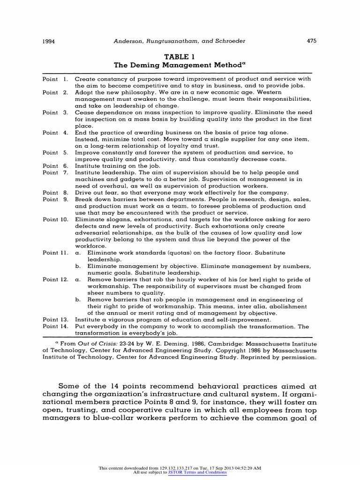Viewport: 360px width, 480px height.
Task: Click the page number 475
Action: (x=312, y=41)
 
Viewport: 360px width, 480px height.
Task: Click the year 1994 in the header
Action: (x=49, y=41)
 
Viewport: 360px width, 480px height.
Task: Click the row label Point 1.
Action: (x=55, y=79)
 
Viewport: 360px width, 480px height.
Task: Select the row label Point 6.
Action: (x=55, y=166)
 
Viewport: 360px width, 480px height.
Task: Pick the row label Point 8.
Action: (x=55, y=192)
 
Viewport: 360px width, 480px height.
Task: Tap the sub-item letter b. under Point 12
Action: (x=78, y=300)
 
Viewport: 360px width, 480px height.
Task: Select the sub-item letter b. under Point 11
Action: (x=78, y=266)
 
